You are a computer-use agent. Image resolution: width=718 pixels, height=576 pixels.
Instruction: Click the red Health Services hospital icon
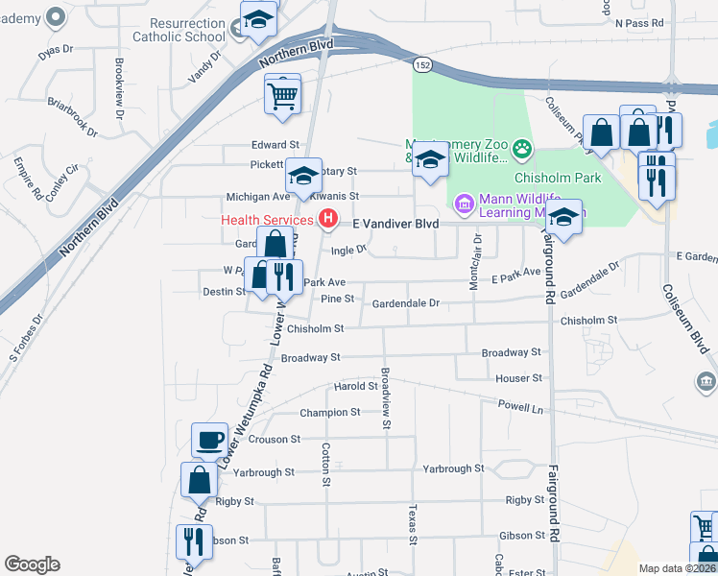coord(329,220)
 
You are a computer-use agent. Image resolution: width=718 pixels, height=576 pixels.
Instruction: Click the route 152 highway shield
coord(421,63)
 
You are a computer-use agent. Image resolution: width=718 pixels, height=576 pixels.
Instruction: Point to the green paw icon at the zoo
coord(522,148)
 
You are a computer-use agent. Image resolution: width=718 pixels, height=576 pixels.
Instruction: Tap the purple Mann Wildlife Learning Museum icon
coord(465,204)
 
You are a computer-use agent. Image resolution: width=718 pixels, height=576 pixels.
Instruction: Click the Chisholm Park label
coord(557,178)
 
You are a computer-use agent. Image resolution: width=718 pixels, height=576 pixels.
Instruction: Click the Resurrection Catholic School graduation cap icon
coord(258,20)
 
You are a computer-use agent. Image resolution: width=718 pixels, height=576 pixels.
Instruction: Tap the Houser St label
coord(519,379)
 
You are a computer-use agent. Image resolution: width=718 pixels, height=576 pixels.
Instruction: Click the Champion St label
coord(329,412)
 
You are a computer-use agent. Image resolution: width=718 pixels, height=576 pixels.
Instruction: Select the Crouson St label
coord(275,439)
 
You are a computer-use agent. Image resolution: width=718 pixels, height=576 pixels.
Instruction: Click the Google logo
coord(32,564)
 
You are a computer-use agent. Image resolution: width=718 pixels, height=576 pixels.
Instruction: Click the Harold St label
coord(355,386)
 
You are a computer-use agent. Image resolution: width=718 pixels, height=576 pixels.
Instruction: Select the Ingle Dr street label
coord(349,251)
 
